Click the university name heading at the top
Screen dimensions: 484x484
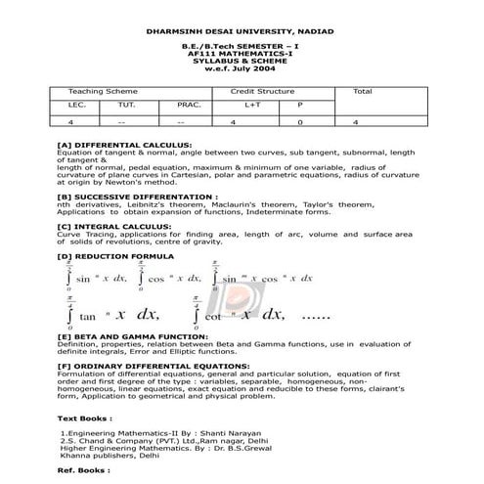[x=241, y=30]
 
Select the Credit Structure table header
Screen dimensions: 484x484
[x=263, y=91]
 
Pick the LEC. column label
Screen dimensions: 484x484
[x=77, y=103]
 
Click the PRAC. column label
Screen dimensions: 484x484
[x=189, y=103]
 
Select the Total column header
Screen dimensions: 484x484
[x=362, y=91]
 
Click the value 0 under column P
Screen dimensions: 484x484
[x=300, y=122]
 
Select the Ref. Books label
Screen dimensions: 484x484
[x=80, y=470]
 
